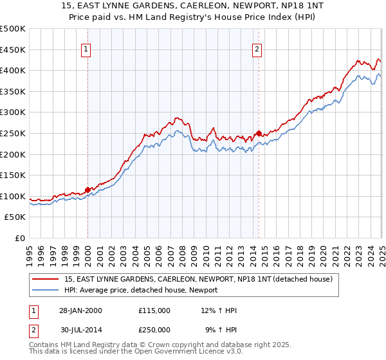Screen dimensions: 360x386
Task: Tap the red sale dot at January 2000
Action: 87,190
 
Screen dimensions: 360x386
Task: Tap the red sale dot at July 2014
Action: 259,133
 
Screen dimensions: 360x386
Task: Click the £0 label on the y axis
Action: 20,239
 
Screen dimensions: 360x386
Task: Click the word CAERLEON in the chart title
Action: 169,6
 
